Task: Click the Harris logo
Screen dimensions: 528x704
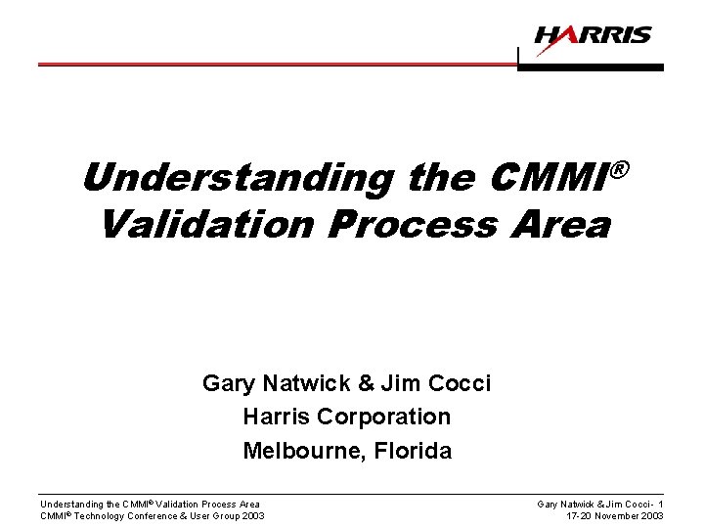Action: coord(592,36)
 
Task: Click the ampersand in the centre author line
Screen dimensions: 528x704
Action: coord(364,382)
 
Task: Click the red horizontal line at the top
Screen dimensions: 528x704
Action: coord(274,64)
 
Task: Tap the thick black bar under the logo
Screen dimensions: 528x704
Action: coord(591,68)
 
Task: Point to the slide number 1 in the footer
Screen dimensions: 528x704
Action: coord(660,504)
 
